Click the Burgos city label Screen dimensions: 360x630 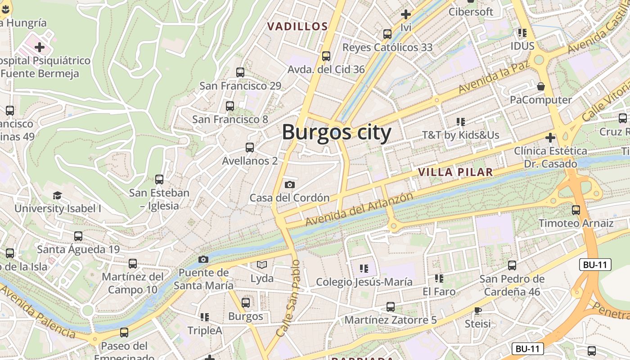337,133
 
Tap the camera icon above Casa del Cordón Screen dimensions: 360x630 290,184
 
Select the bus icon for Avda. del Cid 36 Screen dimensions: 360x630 326,56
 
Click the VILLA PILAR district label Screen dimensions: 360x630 455,172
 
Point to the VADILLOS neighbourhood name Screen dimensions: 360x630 297,27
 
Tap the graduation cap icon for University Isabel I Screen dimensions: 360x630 57,196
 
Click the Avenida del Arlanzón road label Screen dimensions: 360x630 359,209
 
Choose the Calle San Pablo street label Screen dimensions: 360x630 288,298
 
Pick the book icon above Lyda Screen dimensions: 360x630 262,265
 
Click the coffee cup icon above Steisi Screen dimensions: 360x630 477,310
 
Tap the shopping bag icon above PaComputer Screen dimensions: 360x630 541,86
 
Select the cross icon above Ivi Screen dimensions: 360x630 406,14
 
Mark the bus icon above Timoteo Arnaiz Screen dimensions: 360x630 576,210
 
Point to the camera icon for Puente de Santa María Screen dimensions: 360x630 203,259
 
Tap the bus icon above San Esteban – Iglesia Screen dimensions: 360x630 159,180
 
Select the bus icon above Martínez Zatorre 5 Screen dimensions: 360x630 391,307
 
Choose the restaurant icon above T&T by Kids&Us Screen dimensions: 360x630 460,121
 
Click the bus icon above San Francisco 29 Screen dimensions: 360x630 240,72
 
